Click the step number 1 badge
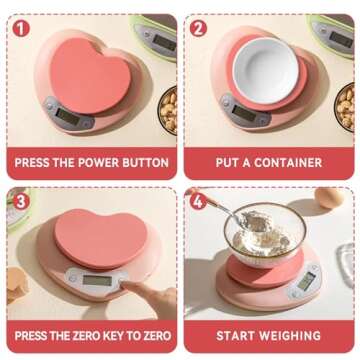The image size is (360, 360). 21,28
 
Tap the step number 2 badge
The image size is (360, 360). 198,28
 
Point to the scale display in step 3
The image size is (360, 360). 96,281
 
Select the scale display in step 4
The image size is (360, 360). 304,282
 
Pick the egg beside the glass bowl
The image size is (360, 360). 329,197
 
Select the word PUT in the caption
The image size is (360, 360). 230,162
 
